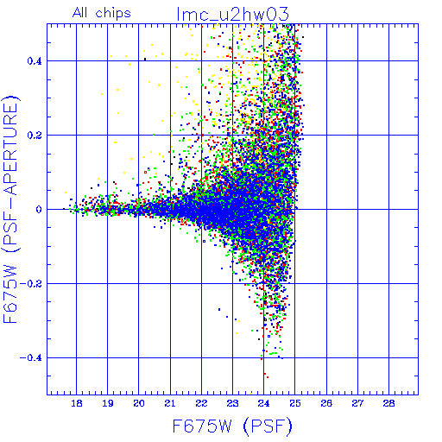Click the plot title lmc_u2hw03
[x=232, y=15]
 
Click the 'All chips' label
[x=102, y=13]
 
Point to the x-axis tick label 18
[x=77, y=403]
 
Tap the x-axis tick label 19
[x=108, y=403]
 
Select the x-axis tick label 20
[x=139, y=403]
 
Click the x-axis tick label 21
[x=170, y=403]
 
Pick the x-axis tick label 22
[x=201, y=403]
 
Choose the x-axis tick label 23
[x=232, y=403]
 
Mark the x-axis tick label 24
[x=264, y=403]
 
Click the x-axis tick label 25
[x=295, y=403]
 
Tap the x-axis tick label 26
[x=326, y=403]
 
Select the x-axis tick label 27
[x=357, y=403]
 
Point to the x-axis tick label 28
[x=389, y=403]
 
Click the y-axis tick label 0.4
[x=35, y=61]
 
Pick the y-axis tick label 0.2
[x=35, y=136]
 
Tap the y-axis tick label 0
[x=39, y=210]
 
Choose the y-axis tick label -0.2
[x=31, y=284]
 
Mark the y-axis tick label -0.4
[x=31, y=358]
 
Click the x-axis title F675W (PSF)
[x=232, y=426]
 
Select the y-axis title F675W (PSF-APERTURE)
[x=11, y=209]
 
